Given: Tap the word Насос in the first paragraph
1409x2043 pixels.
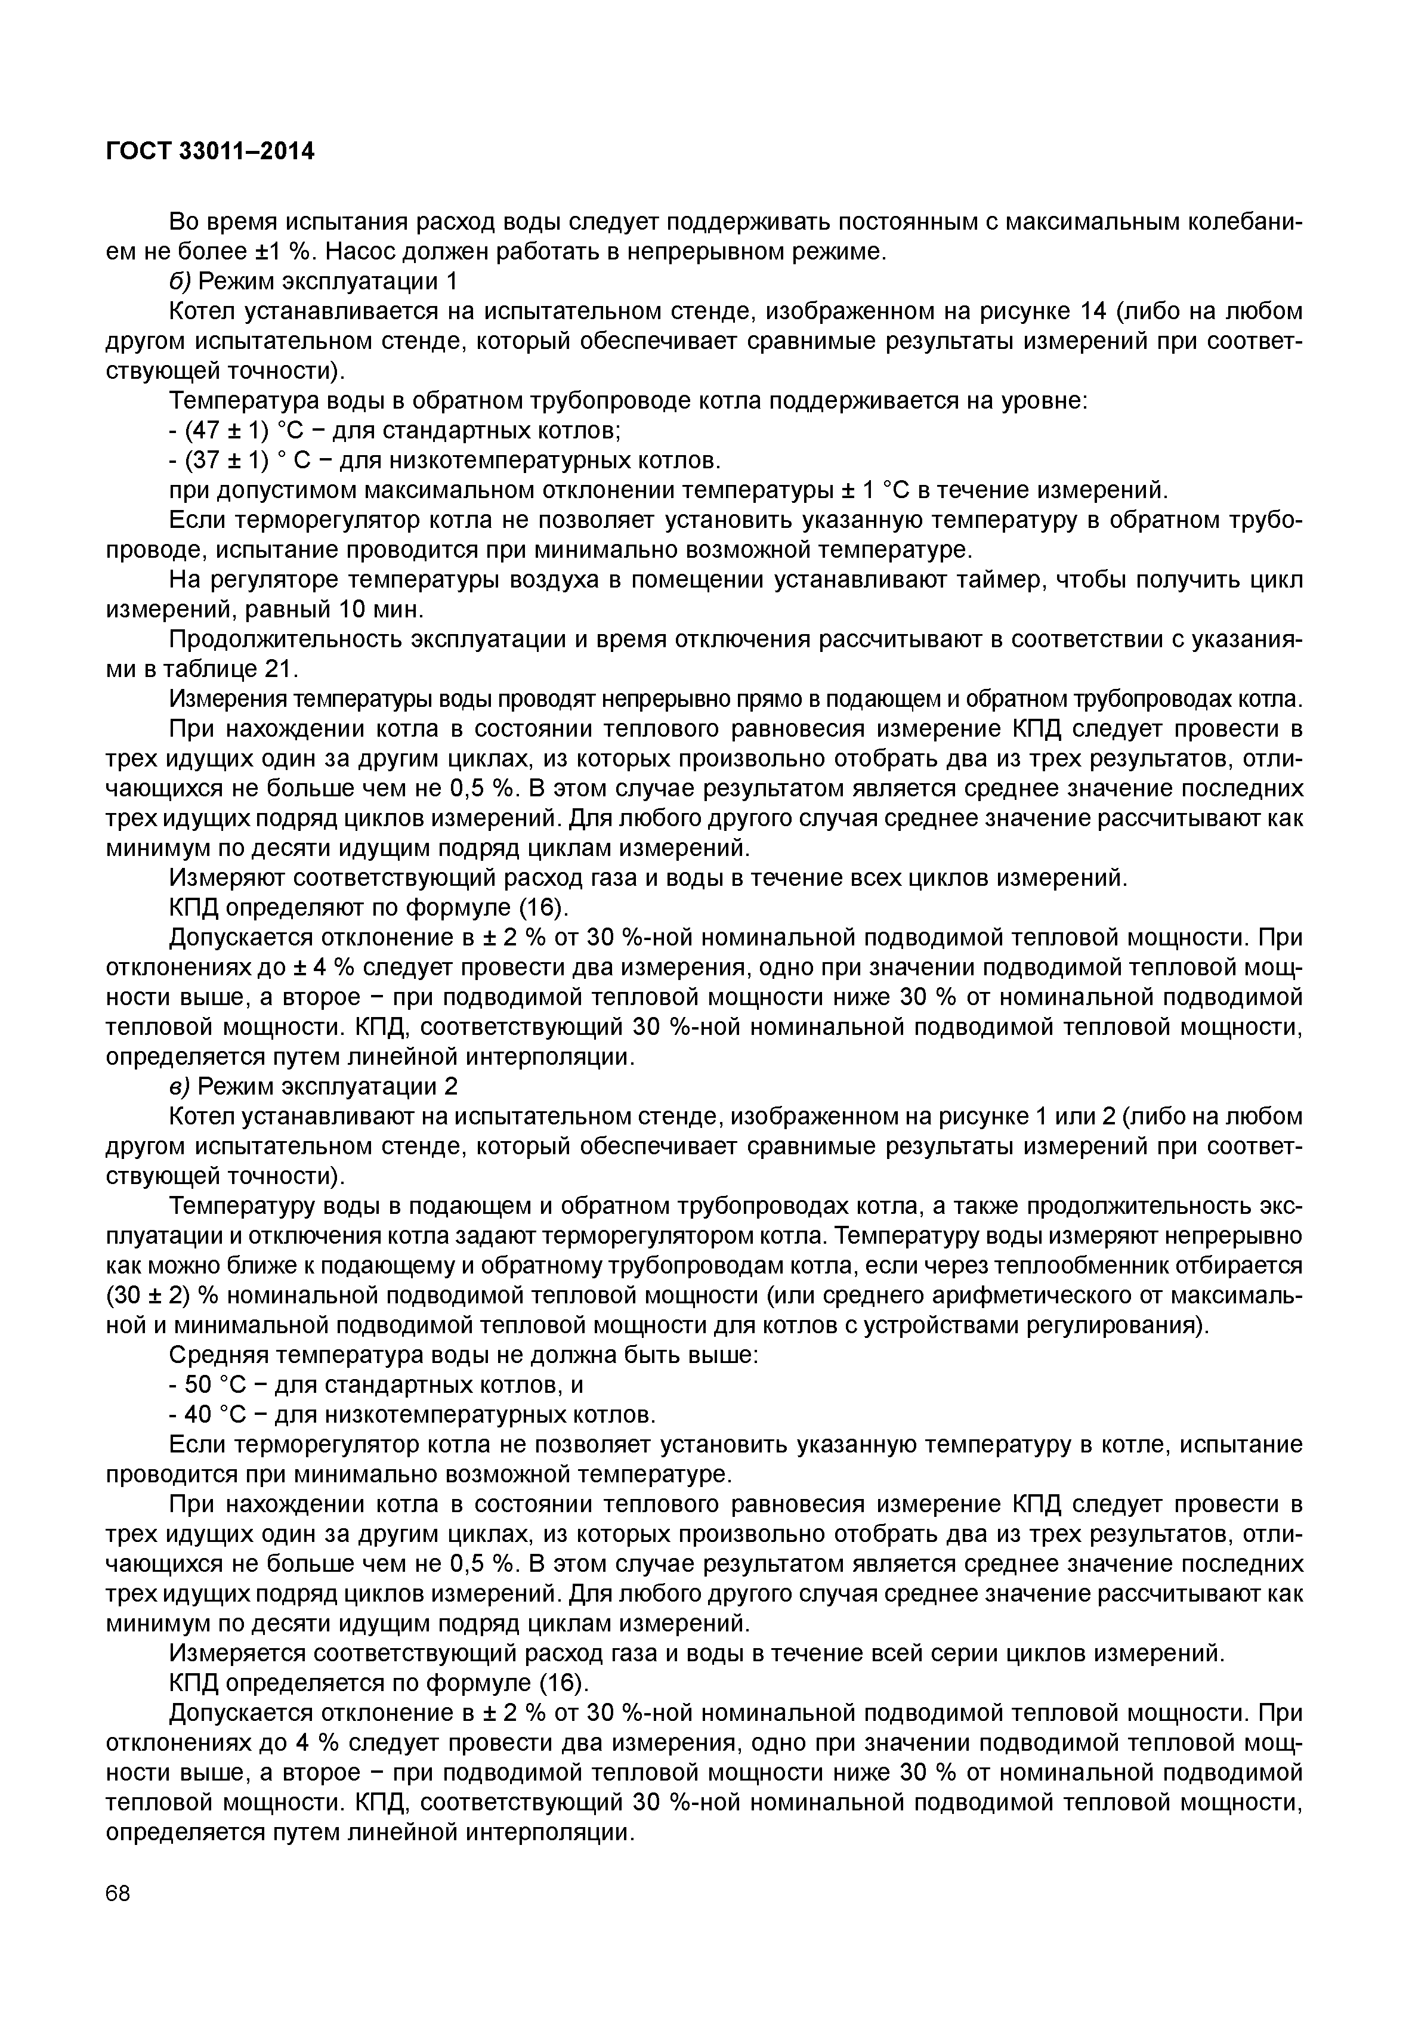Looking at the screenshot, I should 363,252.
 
